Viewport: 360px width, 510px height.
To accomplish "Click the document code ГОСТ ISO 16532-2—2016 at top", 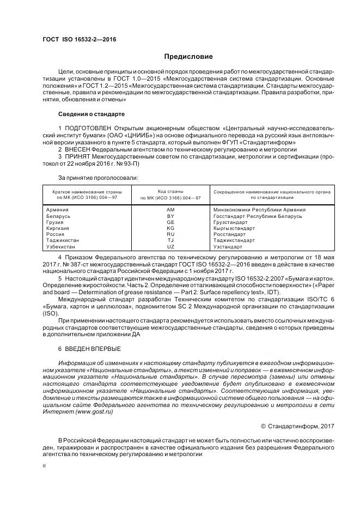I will (79, 39).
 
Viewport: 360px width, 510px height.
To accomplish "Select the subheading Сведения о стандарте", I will (91, 114).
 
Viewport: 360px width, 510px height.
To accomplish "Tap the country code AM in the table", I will (170, 210).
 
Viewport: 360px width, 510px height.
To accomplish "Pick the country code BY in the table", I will (170, 216).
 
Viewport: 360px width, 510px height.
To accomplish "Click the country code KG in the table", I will (170, 228).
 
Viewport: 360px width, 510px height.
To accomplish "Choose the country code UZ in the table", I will (170, 246).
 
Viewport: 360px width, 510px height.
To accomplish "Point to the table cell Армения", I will (58, 210).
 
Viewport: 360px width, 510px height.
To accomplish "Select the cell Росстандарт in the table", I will (231, 234).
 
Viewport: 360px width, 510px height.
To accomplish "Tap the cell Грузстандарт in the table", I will (232, 222).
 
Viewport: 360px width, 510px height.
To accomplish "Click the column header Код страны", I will (170, 192).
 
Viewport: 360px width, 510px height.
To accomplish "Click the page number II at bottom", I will (44, 466).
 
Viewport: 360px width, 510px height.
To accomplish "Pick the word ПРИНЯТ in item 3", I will (76, 156).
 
